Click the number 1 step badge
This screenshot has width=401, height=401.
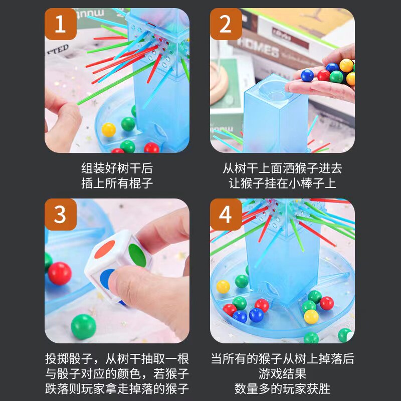(61, 24)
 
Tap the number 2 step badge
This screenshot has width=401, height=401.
(226, 24)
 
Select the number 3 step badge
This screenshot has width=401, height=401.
(61, 215)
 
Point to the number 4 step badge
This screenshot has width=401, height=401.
(226, 215)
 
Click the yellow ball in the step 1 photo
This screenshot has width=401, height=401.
(109, 130)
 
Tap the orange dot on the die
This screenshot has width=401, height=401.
(105, 249)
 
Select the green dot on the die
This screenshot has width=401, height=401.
(137, 255)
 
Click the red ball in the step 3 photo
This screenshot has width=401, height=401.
(60, 273)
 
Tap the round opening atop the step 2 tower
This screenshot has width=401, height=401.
(275, 91)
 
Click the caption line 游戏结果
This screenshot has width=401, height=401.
(282, 373)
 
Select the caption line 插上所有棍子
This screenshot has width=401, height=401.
(117, 183)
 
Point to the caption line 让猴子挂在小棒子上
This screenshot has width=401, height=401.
(282, 183)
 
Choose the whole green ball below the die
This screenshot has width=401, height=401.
(83, 327)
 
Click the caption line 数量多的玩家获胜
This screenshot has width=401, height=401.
(282, 389)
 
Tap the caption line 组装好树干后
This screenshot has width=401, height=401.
(117, 168)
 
